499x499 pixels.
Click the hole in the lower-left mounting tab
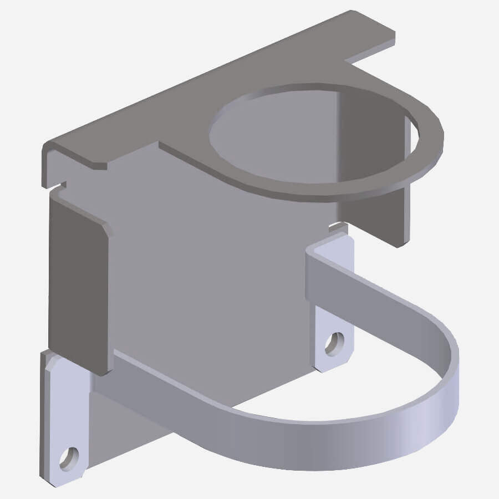click(x=69, y=458)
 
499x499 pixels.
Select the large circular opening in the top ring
click(x=310, y=133)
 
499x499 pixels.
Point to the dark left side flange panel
click(x=78, y=283)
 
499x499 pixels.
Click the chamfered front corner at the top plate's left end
click(x=100, y=165)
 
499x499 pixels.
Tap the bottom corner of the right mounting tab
click(x=327, y=369)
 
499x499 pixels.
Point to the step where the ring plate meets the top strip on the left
click(x=161, y=145)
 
